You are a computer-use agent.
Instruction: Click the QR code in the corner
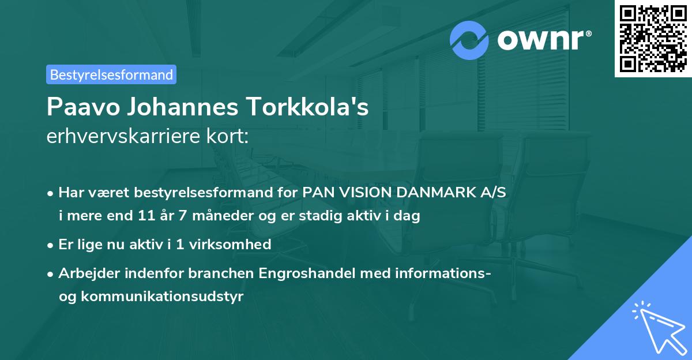coord(653,38)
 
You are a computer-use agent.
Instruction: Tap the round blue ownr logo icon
coord(469,40)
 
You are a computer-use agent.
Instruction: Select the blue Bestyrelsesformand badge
coord(111,74)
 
